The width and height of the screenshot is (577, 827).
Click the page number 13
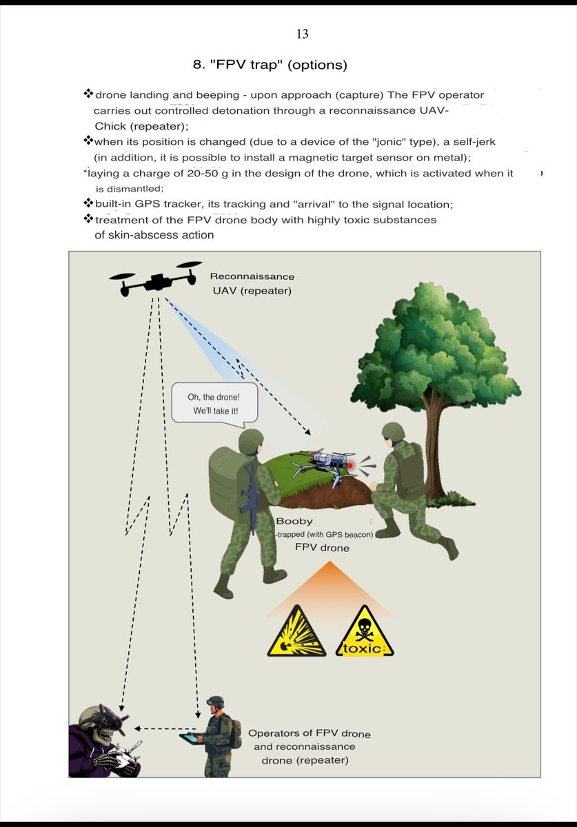302,34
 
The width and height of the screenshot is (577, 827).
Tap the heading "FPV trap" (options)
270,65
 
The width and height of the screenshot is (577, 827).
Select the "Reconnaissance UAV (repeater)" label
252,283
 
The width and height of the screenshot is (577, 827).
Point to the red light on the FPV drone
350,466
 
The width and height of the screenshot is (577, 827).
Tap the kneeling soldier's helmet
394,431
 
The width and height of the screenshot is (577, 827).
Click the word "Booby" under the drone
294,522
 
